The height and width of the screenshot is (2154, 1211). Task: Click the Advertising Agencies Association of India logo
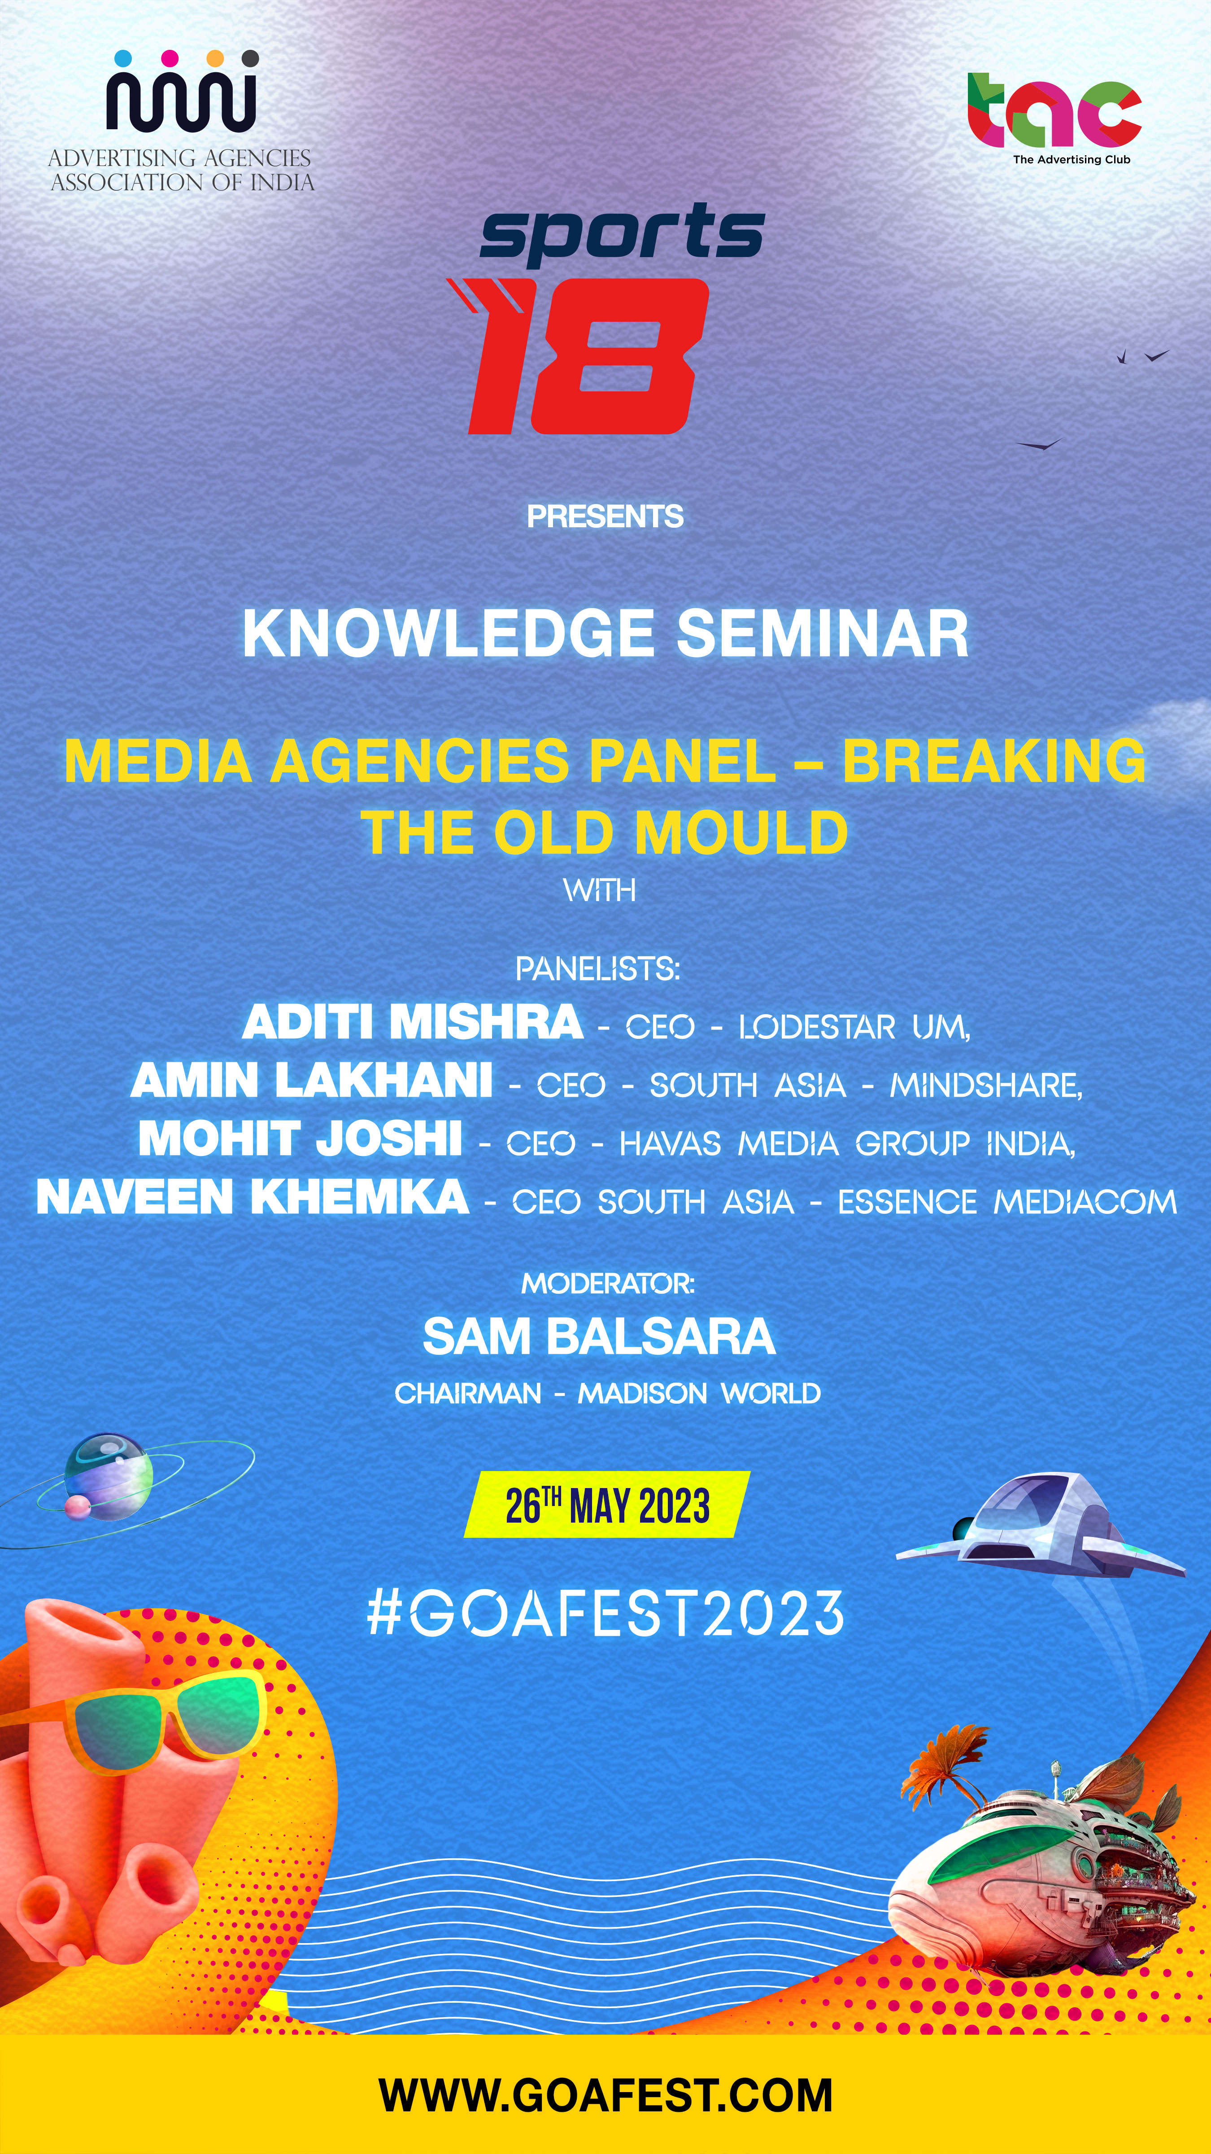(181, 121)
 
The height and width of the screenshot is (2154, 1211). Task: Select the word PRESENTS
(605, 517)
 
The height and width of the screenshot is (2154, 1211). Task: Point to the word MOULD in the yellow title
(741, 833)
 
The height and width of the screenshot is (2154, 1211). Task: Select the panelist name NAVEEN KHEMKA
(253, 1197)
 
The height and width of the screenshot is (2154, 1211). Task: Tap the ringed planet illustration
(109, 1478)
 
